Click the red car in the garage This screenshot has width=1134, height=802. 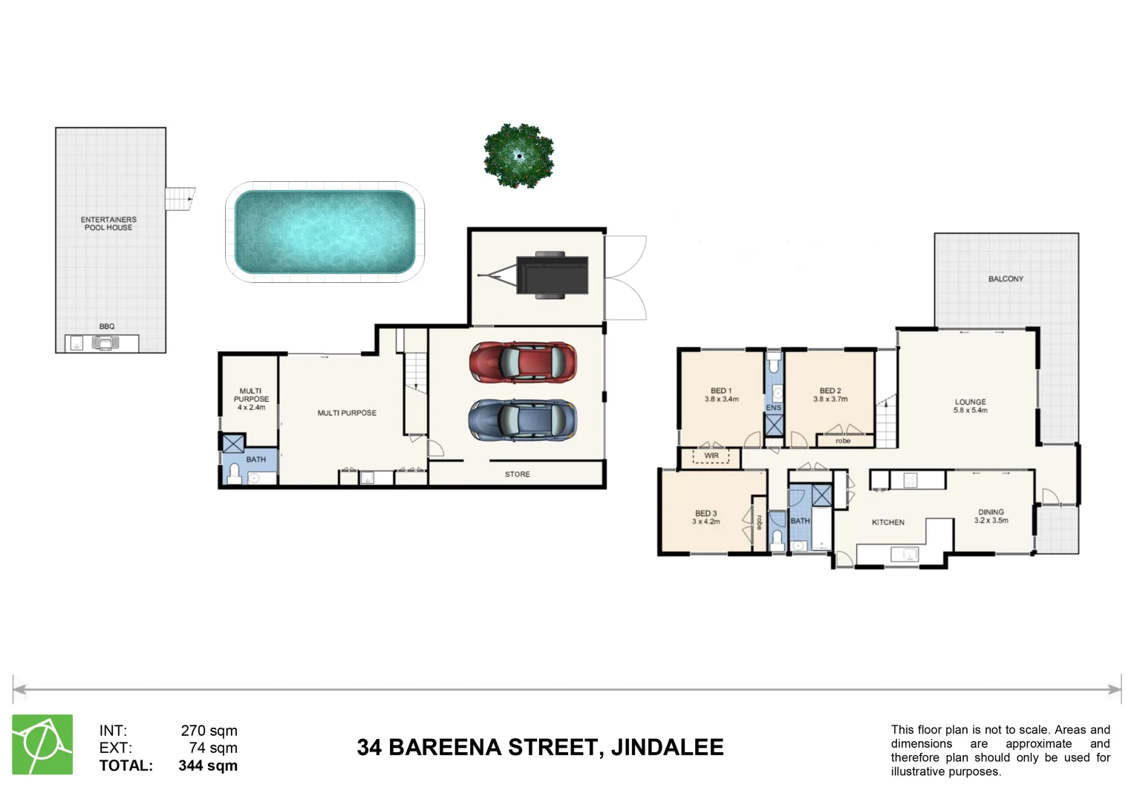click(x=523, y=362)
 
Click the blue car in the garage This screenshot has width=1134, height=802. click(x=523, y=420)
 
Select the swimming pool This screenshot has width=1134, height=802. click(x=325, y=232)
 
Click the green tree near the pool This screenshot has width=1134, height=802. click(x=518, y=156)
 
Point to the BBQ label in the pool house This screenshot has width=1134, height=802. click(x=107, y=327)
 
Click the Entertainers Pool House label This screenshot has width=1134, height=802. click(x=108, y=224)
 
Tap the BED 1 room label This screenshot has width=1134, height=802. click(x=721, y=391)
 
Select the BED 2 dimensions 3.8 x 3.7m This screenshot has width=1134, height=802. click(x=830, y=400)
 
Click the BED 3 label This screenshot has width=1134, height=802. click(x=706, y=513)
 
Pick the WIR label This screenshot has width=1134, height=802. click(x=711, y=456)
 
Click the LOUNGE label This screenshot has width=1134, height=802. click(x=970, y=402)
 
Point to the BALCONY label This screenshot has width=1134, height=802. click(x=1006, y=279)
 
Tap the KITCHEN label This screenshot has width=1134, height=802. click(x=887, y=523)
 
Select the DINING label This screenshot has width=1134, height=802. click(x=991, y=512)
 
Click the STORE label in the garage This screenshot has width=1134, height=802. click(x=518, y=475)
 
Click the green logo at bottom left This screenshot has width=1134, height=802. click(x=42, y=745)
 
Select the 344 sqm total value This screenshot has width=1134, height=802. click(x=208, y=766)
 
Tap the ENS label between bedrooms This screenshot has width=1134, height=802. click(x=773, y=408)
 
